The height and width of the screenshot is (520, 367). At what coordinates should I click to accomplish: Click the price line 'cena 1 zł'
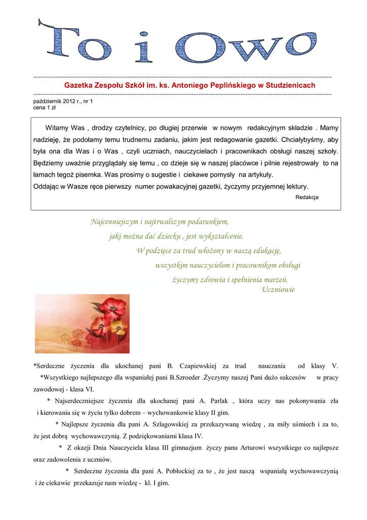tap(44, 108)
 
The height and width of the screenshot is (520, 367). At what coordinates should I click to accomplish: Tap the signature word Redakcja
tap(307, 197)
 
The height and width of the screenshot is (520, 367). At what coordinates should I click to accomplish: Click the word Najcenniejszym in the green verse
tap(115, 221)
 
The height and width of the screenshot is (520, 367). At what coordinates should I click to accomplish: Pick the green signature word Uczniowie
tap(278, 289)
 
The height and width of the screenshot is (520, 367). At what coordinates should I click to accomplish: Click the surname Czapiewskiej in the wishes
tap(198, 366)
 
